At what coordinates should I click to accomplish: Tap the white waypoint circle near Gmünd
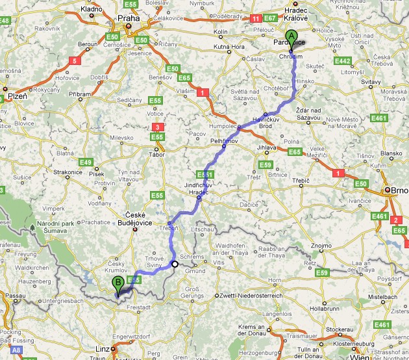click(x=175, y=264)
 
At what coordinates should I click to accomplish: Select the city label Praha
click(x=129, y=18)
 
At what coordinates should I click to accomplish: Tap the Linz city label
click(x=103, y=349)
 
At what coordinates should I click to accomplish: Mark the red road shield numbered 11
click(x=256, y=19)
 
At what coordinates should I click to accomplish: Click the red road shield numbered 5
click(x=75, y=60)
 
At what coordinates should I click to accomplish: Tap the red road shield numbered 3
click(x=156, y=127)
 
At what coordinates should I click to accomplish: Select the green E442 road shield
click(x=343, y=60)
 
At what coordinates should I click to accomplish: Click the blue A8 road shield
click(x=16, y=350)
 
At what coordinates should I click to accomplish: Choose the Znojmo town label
click(x=322, y=246)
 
